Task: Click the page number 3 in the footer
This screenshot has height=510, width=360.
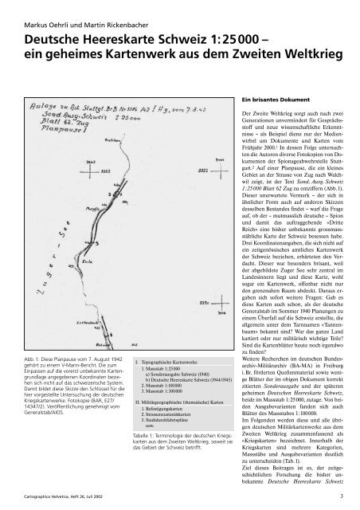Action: click(341, 496)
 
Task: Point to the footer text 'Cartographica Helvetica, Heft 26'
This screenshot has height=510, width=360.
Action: click(64, 496)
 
